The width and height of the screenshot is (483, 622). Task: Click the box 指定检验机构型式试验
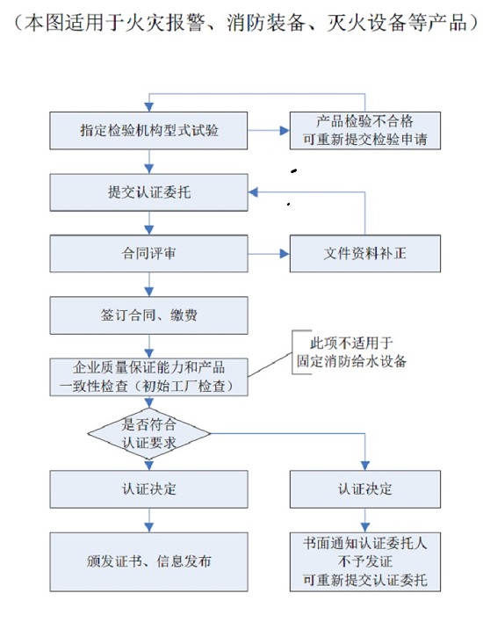pos(148,131)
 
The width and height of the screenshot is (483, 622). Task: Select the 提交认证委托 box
pos(148,192)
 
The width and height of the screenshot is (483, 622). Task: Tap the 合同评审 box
pos(148,254)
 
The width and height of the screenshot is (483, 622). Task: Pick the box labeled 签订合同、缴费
pos(148,315)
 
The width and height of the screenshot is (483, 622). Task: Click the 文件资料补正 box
pos(365,254)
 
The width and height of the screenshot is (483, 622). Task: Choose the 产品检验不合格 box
pos(365,131)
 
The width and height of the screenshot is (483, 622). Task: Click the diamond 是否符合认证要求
pos(148,434)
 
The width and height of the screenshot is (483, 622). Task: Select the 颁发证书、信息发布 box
pos(148,561)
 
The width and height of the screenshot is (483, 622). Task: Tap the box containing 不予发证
pos(365,561)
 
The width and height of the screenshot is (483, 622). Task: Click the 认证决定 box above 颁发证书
pos(148,489)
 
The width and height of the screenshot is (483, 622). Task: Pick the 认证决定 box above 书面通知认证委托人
pos(365,489)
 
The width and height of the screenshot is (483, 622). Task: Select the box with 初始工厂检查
pos(148,377)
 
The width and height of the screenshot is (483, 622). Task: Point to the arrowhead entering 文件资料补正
pos(285,254)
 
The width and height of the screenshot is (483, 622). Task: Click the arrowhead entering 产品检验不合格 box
pos(285,131)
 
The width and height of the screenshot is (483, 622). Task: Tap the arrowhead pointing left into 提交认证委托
pos(253,192)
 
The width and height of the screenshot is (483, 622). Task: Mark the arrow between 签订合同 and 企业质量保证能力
pos(149,346)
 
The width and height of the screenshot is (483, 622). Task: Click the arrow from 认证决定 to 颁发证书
pos(149,520)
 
